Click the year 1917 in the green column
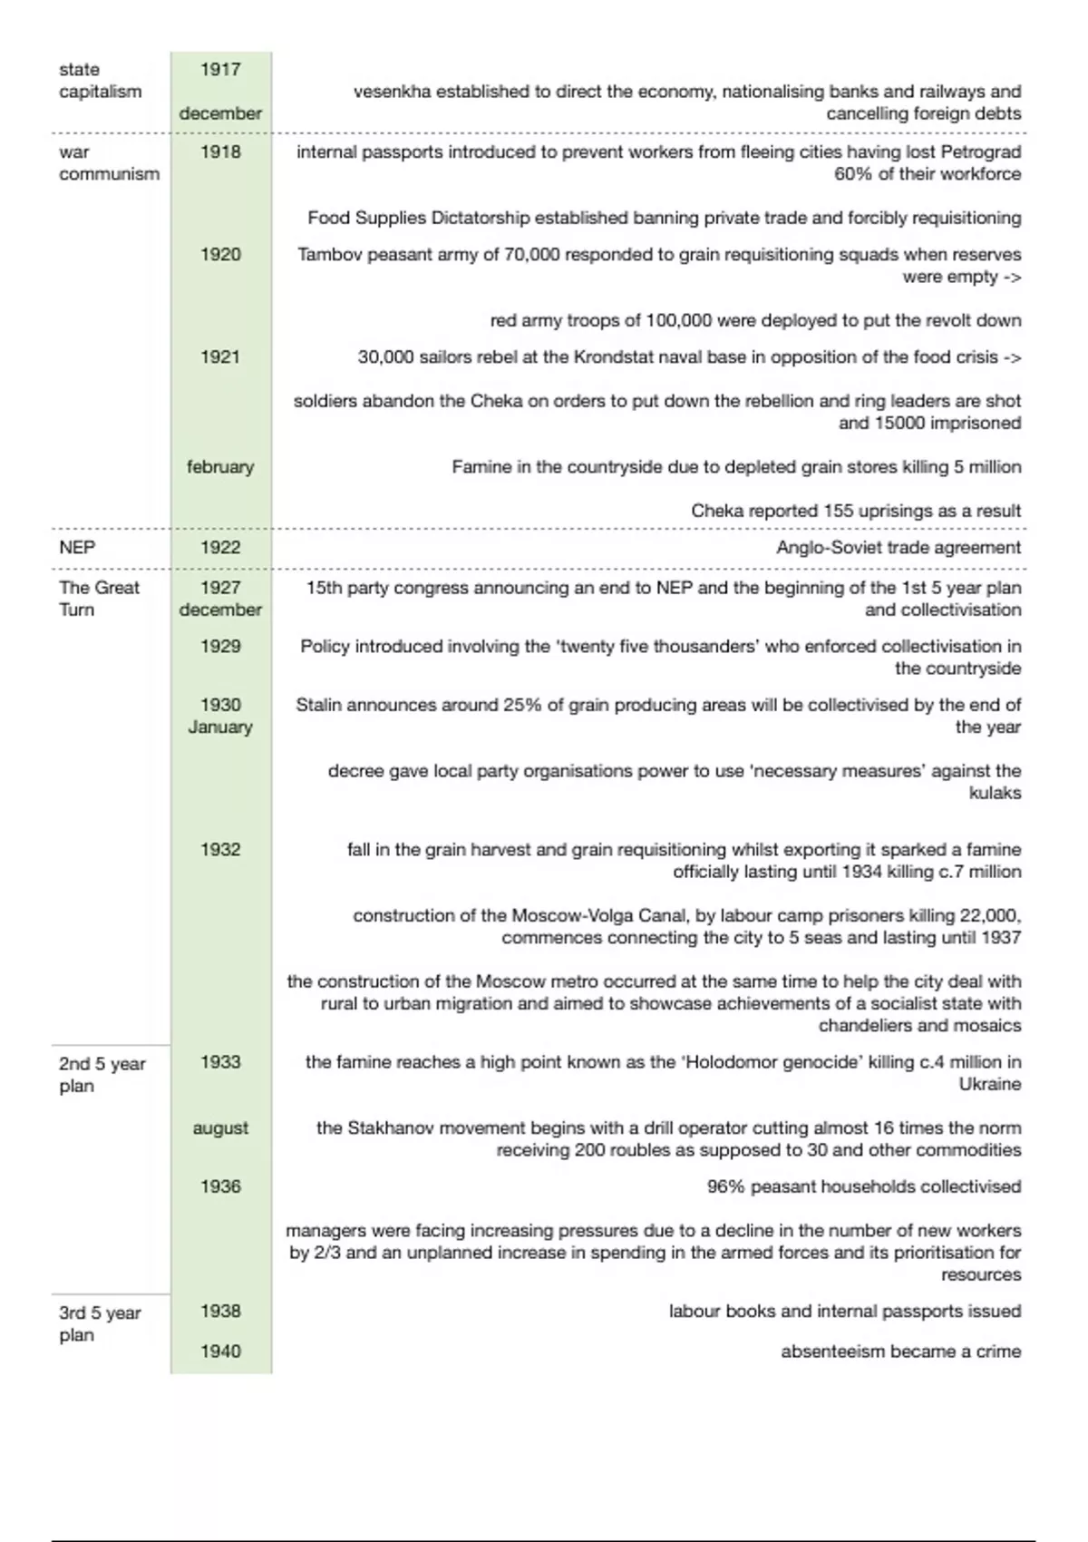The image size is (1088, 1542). click(x=220, y=70)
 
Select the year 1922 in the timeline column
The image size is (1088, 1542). click(x=220, y=547)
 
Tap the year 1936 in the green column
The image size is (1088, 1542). click(x=220, y=1186)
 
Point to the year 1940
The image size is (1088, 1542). click(x=220, y=1352)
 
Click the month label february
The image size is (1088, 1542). click(x=220, y=467)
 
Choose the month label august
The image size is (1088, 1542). click(x=220, y=1128)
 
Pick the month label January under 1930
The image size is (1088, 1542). click(x=220, y=727)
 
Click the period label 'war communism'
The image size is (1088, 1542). click(x=109, y=163)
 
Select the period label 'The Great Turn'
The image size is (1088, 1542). click(x=99, y=599)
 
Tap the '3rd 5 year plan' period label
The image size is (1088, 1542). click(x=100, y=1324)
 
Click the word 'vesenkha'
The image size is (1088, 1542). click(x=392, y=92)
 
